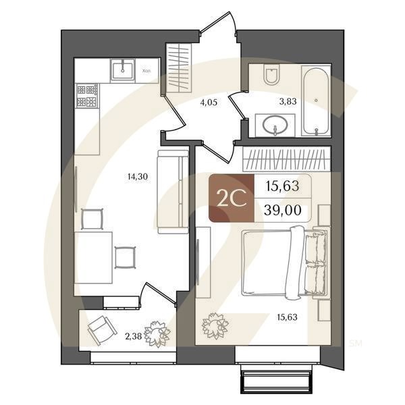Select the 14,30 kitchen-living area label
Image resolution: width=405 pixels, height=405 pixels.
tap(118, 177)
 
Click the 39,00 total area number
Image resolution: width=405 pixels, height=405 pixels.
tap(284, 211)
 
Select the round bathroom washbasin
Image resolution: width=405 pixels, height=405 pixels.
tap(275, 126)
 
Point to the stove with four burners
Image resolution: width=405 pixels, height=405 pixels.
tap(87, 95)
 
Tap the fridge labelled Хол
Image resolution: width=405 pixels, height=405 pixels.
tap(148, 70)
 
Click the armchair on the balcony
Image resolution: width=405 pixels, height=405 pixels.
tap(101, 329)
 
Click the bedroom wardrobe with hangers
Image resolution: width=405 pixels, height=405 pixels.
tap(286, 159)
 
